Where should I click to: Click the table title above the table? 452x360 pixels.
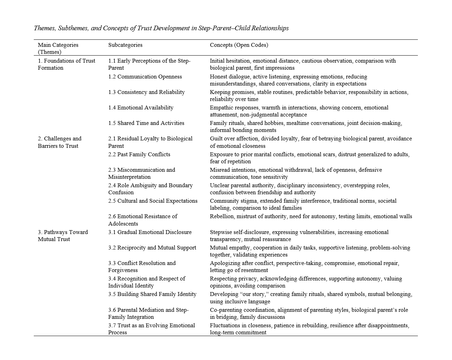tap(161, 28)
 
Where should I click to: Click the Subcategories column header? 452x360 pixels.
tap(125, 45)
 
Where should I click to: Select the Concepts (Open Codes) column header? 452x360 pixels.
tap(239, 45)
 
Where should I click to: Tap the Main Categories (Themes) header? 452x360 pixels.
tap(58, 49)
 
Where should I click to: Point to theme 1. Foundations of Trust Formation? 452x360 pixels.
tap(66, 64)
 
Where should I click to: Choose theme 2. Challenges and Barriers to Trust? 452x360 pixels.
tap(59, 142)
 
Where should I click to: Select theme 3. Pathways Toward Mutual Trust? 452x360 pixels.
tap(63, 236)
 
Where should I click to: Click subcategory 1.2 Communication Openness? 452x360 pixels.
tap(145, 77)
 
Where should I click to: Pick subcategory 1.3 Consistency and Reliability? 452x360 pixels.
tap(146, 92)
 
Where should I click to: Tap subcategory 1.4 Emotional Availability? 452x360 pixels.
tap(141, 108)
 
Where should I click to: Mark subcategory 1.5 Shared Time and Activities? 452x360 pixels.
tap(146, 123)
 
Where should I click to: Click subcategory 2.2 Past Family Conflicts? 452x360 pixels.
tap(139, 154)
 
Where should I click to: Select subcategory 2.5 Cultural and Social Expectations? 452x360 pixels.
tap(153, 201)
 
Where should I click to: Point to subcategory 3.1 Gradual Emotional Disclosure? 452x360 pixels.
tap(150, 232)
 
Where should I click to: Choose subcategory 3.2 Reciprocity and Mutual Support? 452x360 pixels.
tap(152, 248)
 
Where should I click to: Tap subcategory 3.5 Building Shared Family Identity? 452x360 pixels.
tap(152, 294)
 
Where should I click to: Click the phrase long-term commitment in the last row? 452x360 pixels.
tap(238, 333)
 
